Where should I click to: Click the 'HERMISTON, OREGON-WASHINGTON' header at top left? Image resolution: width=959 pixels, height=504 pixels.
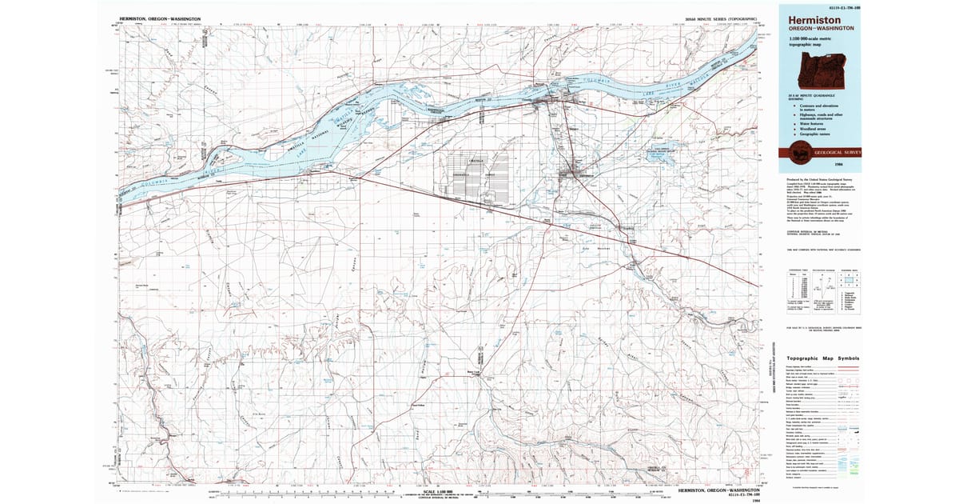(160, 18)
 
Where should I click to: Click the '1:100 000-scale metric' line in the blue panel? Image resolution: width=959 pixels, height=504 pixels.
(809, 40)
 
